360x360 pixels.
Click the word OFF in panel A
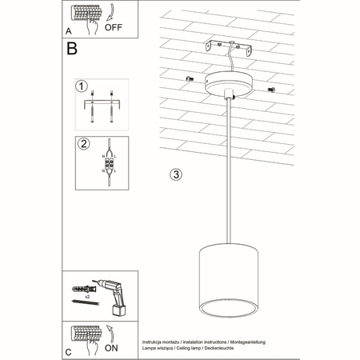point(114,23)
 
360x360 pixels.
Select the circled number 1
point(81,86)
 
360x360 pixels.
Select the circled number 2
point(81,144)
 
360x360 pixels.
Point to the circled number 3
point(177,174)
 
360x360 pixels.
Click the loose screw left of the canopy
point(190,78)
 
